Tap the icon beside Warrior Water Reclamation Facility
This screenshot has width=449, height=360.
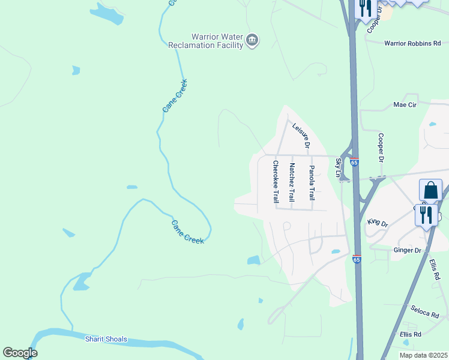[252, 41]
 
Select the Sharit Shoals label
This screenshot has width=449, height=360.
[106, 339]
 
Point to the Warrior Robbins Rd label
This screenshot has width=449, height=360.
[412, 43]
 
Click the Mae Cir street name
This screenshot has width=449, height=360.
[405, 104]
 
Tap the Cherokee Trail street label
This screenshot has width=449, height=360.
[276, 181]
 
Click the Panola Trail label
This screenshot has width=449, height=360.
[312, 182]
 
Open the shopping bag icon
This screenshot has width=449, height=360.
[430, 190]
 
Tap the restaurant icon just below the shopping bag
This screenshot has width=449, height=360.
[426, 215]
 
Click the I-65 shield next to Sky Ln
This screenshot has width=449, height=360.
[355, 162]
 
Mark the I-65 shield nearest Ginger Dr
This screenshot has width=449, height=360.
[357, 259]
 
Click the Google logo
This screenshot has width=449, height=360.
[20, 353]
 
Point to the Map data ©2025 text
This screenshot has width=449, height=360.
[423, 355]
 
